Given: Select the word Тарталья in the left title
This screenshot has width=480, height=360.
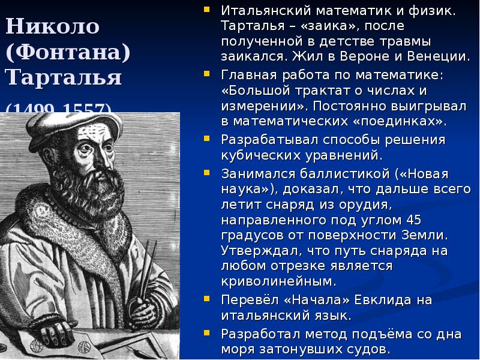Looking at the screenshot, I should click(64, 77).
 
